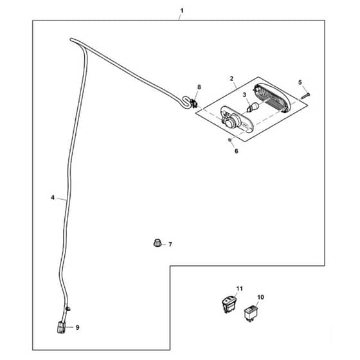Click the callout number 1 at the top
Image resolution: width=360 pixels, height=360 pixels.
click(x=182, y=11)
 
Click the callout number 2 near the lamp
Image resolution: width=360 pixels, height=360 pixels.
click(x=231, y=78)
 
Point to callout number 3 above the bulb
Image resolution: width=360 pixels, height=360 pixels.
click(x=244, y=94)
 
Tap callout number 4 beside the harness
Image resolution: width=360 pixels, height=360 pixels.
click(x=53, y=197)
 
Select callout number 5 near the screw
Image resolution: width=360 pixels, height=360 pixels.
click(x=300, y=82)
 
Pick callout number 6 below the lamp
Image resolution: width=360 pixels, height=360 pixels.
click(x=237, y=151)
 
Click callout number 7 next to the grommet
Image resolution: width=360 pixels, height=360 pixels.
click(x=170, y=244)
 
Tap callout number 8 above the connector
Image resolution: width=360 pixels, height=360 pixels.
click(x=199, y=87)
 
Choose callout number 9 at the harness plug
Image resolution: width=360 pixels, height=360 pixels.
click(x=77, y=328)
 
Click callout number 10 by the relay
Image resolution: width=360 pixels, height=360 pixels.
click(x=260, y=297)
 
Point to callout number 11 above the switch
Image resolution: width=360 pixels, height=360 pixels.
click(x=239, y=289)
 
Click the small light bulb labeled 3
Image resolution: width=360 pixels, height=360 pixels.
click(x=253, y=107)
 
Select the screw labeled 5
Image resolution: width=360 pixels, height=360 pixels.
click(x=305, y=96)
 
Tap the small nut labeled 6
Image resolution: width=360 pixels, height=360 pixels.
click(x=229, y=139)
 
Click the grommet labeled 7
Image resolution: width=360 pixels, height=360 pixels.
click(x=157, y=243)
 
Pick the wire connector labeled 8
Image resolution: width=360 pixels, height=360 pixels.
click(x=194, y=104)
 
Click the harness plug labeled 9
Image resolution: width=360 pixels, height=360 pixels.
click(x=61, y=327)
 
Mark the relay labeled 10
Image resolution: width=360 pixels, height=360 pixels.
click(x=251, y=314)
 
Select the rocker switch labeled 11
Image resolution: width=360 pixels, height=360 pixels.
click(x=229, y=305)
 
